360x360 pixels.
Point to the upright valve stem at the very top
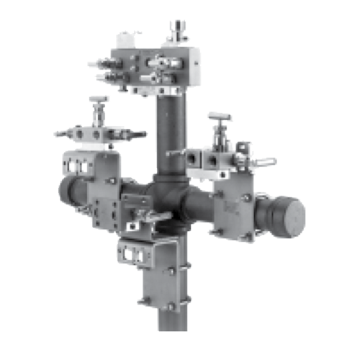(175, 30)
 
